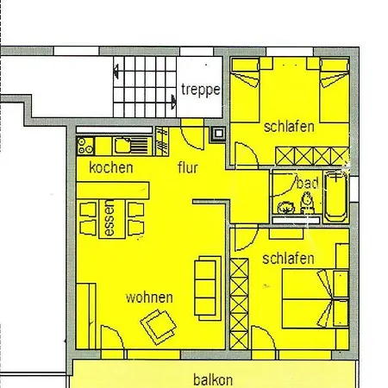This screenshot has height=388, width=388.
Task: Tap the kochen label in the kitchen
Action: pos(111,168)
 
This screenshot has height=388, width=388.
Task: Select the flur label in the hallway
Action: pos(187,168)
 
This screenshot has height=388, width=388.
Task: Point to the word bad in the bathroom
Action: pos(307,184)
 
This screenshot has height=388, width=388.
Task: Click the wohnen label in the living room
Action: pos(149,297)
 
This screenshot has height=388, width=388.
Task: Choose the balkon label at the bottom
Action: pos(212,378)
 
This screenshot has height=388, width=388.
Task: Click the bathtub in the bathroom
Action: pos(336,196)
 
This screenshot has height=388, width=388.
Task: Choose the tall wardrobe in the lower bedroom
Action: pos(238,304)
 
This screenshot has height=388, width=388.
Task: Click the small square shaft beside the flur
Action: pos(217,135)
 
